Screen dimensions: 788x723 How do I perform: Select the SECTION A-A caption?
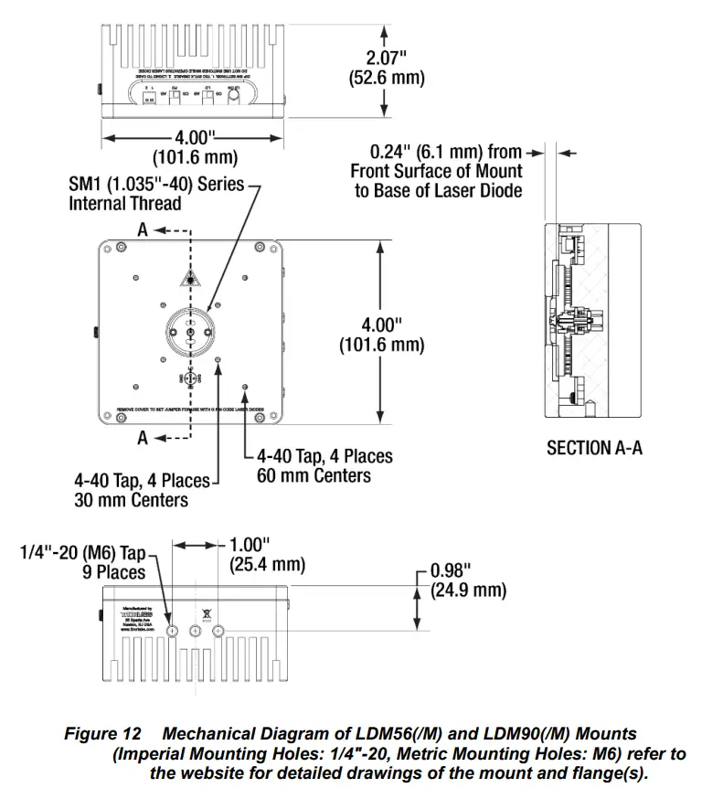pyautogui.click(x=594, y=448)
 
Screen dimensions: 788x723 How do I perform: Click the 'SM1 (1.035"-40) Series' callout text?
pyautogui.click(x=156, y=184)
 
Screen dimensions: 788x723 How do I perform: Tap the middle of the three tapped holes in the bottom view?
pyautogui.click(x=196, y=631)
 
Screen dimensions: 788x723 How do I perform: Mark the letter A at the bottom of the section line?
pyautogui.click(x=142, y=439)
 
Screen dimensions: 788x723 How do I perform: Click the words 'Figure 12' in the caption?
pyautogui.click(x=101, y=734)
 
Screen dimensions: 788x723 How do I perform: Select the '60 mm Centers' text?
pyautogui.click(x=314, y=475)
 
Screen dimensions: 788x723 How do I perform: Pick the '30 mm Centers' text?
pyautogui.click(x=131, y=500)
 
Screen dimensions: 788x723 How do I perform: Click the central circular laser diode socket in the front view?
pyautogui.click(x=190, y=329)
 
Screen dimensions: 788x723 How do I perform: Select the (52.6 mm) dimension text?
pyautogui.click(x=387, y=78)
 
